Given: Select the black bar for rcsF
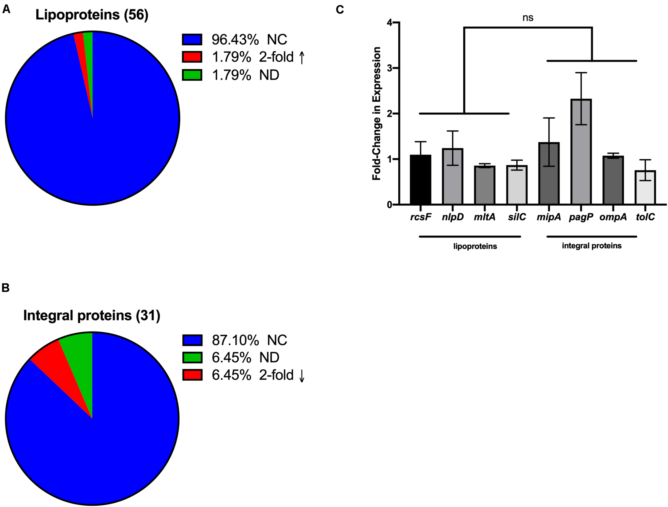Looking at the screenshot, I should [x=420, y=180].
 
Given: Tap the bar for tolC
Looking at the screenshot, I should [x=645, y=188].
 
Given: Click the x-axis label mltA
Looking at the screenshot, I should [x=484, y=217].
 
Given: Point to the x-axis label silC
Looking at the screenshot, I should [x=517, y=217].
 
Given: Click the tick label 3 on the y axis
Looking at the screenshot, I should [x=390, y=68].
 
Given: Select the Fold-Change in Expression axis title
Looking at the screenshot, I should [x=376, y=114].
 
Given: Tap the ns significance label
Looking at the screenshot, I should [x=528, y=18].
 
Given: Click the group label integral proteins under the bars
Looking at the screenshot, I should [x=592, y=246].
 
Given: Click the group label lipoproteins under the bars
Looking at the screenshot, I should [x=475, y=246].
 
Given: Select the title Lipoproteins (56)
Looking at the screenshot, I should [x=92, y=15].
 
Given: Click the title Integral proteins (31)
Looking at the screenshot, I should [x=91, y=315].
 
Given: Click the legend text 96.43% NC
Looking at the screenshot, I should [x=249, y=40].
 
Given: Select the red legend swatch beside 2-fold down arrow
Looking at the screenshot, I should [x=192, y=375].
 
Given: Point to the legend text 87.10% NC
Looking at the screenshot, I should [x=249, y=340].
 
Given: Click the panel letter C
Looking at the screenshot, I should [x=340, y=10].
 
